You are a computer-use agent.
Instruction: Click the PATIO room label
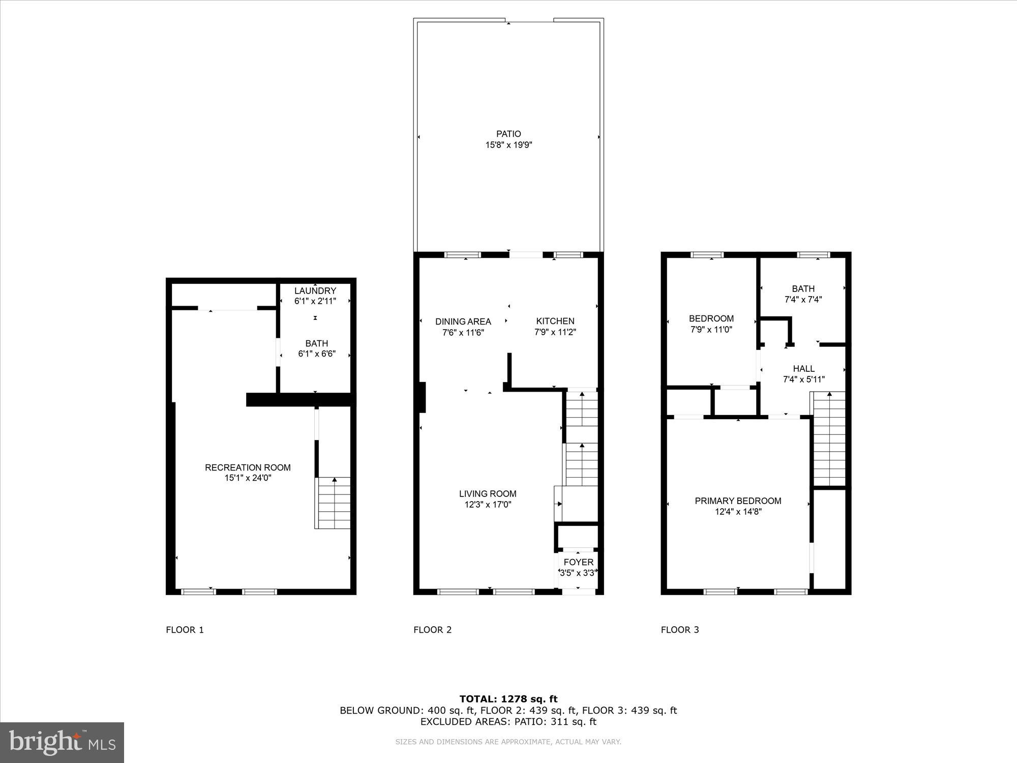tap(508, 134)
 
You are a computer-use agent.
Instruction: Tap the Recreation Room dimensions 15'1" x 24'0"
tap(248, 478)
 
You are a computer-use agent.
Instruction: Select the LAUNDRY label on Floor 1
tap(315, 290)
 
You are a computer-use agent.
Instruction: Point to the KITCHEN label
tap(555, 321)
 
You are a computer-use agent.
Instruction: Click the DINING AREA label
tap(463, 321)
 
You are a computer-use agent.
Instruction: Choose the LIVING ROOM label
tap(487, 493)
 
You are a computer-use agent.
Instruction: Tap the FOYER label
tap(578, 562)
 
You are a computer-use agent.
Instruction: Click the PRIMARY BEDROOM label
tap(738, 501)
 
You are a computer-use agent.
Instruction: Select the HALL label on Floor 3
tap(803, 368)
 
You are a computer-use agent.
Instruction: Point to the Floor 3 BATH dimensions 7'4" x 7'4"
tap(803, 300)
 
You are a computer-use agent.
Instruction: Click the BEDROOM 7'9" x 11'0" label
tap(711, 318)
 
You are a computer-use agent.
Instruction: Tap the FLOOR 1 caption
tap(185, 630)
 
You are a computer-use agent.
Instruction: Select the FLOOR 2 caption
tap(432, 630)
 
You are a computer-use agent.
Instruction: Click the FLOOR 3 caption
tap(680, 630)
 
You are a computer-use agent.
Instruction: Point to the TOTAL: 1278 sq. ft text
tap(508, 699)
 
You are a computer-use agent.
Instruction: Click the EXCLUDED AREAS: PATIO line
tap(508, 721)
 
